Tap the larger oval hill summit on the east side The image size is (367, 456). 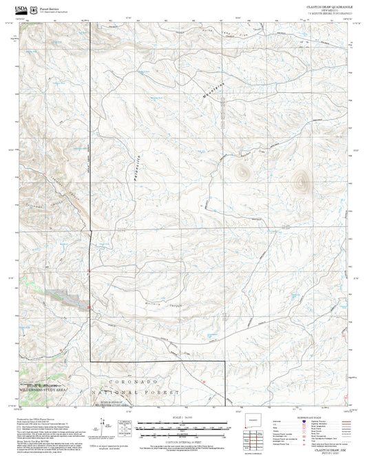(x=300, y=183)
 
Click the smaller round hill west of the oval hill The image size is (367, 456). (x=242, y=171)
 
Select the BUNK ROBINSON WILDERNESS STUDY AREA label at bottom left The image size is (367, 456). (x=42, y=388)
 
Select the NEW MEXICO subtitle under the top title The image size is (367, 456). (x=328, y=10)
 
